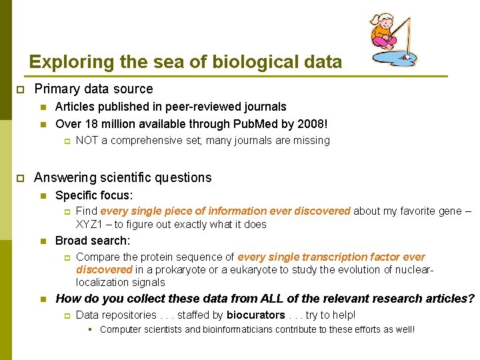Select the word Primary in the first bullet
58,89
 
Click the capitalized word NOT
88,141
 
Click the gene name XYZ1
90,224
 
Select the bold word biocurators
255,315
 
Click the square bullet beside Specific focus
43,196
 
